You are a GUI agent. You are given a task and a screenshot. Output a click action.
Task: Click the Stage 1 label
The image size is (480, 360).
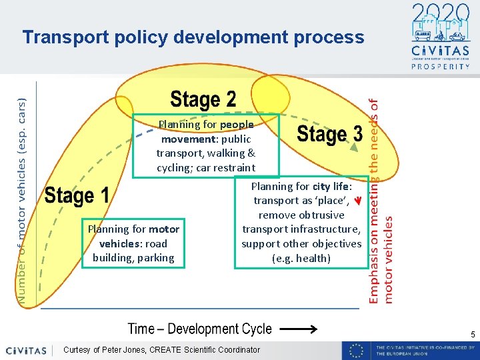click(x=77, y=196)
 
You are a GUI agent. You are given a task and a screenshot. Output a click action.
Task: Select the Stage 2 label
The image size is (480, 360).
click(x=203, y=100)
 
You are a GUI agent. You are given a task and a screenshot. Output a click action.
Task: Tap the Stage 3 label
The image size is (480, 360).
click(x=329, y=134)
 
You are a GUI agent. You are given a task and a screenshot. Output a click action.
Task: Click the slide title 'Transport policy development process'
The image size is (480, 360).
click(x=193, y=37)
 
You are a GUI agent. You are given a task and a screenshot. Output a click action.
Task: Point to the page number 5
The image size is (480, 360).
click(x=471, y=334)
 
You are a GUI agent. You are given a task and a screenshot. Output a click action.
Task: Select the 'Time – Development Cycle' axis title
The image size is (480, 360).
click(x=200, y=329)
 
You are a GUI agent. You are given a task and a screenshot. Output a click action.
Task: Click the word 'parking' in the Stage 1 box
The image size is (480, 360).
click(x=155, y=257)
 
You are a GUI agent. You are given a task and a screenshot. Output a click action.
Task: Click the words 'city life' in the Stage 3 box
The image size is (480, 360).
click(x=331, y=187)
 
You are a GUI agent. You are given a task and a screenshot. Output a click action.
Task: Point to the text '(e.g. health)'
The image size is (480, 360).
click(x=301, y=258)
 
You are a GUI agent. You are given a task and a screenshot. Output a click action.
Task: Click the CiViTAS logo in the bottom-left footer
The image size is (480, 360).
click(x=26, y=350)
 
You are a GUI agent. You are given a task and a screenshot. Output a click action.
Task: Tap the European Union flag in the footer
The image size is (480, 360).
click(x=357, y=350)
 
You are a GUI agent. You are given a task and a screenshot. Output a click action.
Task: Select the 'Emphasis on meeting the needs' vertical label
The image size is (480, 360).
click(x=375, y=200)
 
